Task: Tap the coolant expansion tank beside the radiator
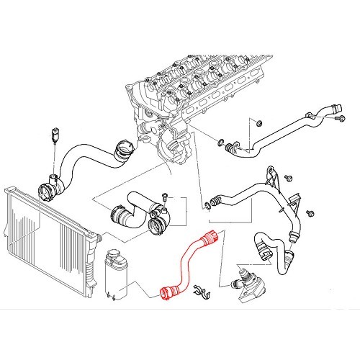(117, 272)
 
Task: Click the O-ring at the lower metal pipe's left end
(207, 207)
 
